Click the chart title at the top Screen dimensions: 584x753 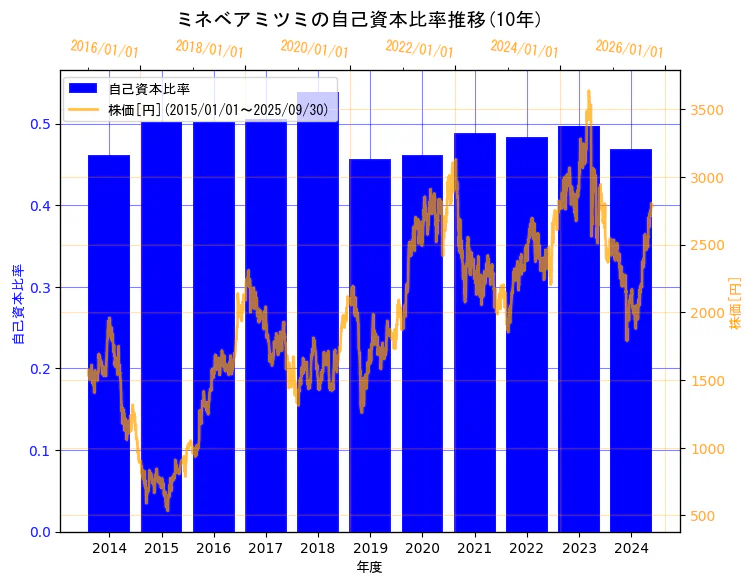359,18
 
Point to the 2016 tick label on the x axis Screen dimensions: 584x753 213,547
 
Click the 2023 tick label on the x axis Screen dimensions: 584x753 579,547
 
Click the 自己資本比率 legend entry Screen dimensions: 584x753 149,90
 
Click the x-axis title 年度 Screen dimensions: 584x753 369,567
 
